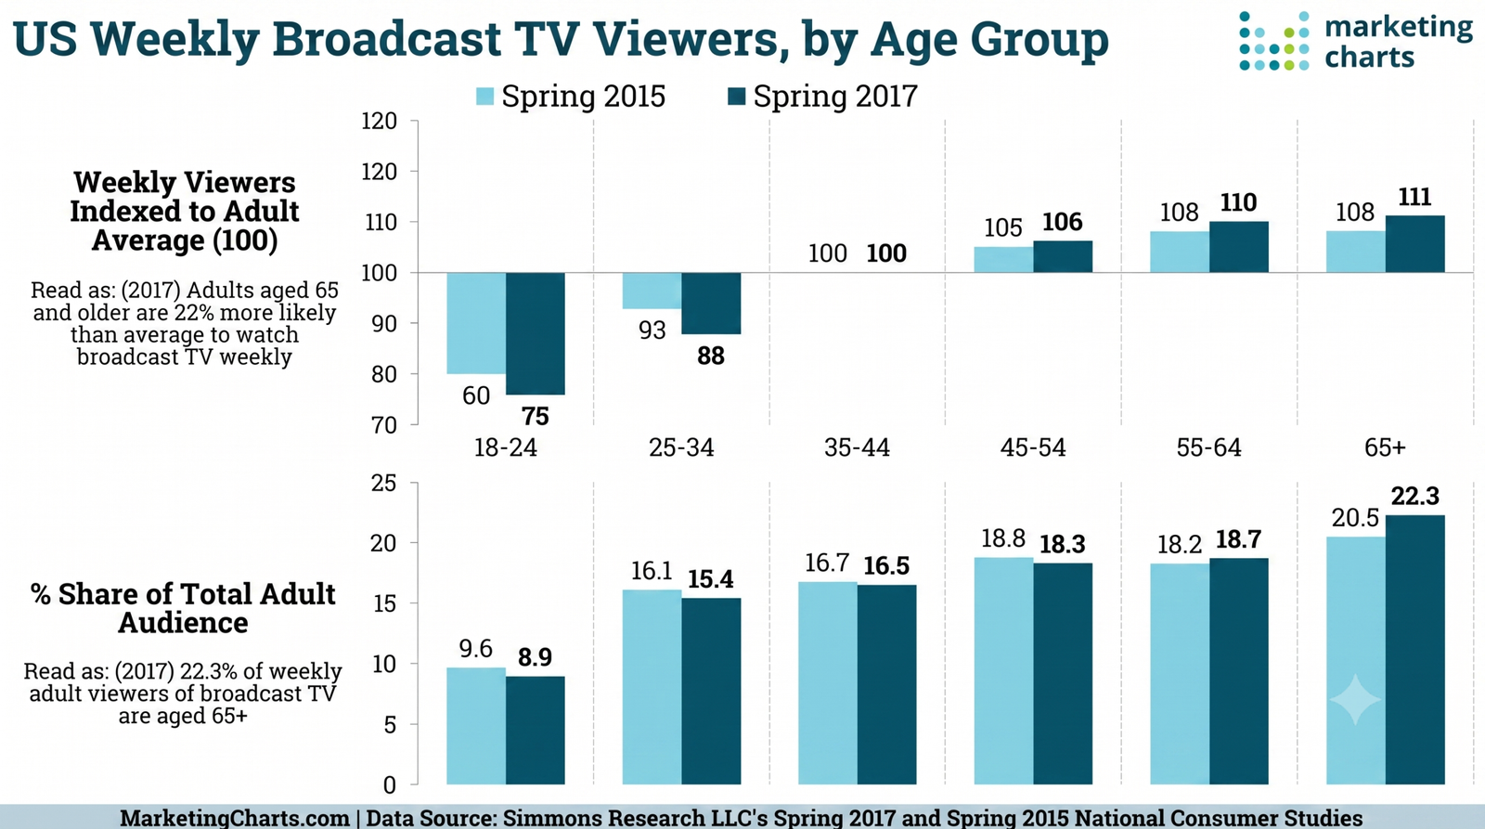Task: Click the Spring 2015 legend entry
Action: [571, 97]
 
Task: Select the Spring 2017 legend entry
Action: [822, 97]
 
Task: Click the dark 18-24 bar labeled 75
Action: [535, 333]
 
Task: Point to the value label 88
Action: [711, 356]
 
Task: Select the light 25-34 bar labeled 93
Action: [652, 291]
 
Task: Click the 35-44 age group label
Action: [857, 447]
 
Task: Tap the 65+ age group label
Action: [1384, 447]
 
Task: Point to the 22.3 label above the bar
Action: [1414, 496]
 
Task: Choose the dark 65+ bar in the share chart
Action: [1414, 650]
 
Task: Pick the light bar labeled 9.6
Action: [476, 726]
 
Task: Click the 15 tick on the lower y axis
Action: [384, 603]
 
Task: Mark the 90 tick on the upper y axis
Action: [383, 324]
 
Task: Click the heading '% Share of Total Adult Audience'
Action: [183, 608]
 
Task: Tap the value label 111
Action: [1414, 197]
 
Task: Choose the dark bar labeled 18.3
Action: [1063, 674]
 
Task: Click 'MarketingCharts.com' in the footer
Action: [235, 818]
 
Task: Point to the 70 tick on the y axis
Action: [383, 425]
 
